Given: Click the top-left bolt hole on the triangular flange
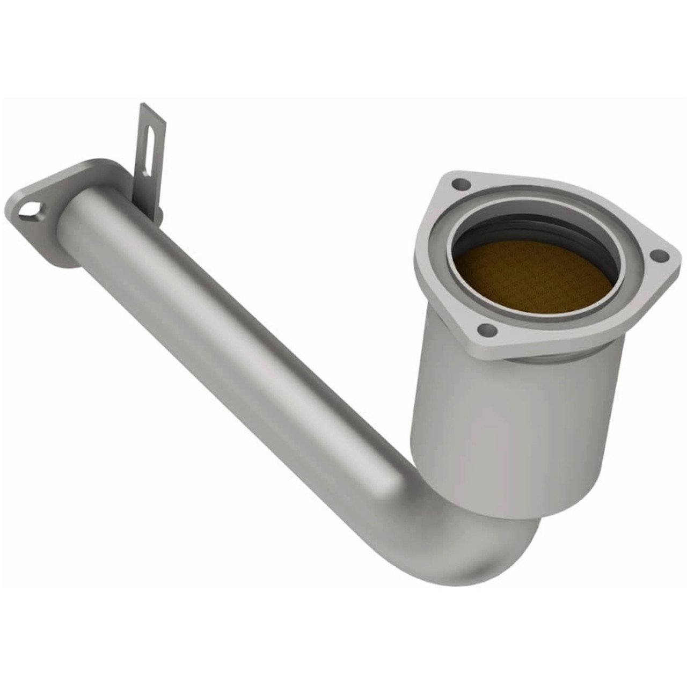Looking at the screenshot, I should point(458,185).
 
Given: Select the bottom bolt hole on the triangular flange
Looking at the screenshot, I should point(485,330).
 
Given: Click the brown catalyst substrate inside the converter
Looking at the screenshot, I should point(531,276).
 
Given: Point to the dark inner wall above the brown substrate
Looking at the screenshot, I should point(537,225).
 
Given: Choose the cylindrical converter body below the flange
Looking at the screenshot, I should point(515,429).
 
